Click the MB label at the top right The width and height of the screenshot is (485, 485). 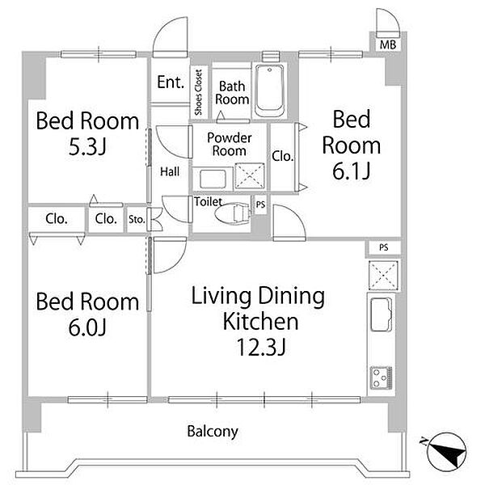tap(388, 45)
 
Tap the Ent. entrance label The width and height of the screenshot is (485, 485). tap(171, 82)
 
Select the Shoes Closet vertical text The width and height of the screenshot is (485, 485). tap(198, 92)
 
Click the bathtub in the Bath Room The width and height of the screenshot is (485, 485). tap(270, 91)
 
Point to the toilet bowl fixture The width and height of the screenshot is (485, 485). tap(232, 213)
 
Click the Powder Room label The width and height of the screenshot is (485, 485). tap(230, 144)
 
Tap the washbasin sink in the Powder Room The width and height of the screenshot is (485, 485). tap(213, 179)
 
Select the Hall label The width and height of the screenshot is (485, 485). tap(170, 171)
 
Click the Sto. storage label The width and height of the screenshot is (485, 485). tap(137, 220)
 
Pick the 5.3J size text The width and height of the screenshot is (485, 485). tap(87, 146)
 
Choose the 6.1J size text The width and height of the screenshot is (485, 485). tap(352, 171)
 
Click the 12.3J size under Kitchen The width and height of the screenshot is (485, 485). tap(260, 347)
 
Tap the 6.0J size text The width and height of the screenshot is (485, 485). tap(87, 327)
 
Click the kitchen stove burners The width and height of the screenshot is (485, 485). tap(382, 377)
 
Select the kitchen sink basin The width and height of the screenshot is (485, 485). tap(382, 314)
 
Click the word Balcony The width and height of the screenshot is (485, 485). tap(213, 432)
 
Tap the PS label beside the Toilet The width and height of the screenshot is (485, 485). tap(260, 205)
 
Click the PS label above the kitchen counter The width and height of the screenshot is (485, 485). tap(383, 248)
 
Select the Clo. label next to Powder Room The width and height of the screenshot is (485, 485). tap(282, 157)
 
